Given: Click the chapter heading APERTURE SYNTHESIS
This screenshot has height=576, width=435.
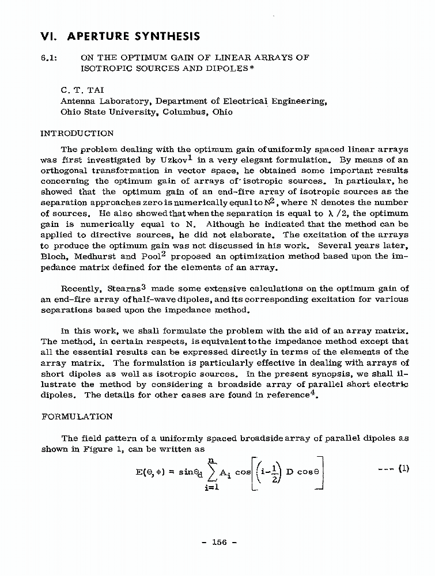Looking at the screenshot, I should click(134, 36).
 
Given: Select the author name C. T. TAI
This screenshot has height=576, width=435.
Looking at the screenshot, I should click(82, 90).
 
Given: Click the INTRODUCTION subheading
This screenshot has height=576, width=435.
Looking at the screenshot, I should click(76, 134).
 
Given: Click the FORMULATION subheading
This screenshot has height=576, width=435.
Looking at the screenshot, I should click(77, 416).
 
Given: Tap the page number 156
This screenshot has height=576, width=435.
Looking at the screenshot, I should click(218, 541).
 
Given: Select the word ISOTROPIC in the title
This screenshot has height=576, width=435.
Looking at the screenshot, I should click(106, 69).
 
